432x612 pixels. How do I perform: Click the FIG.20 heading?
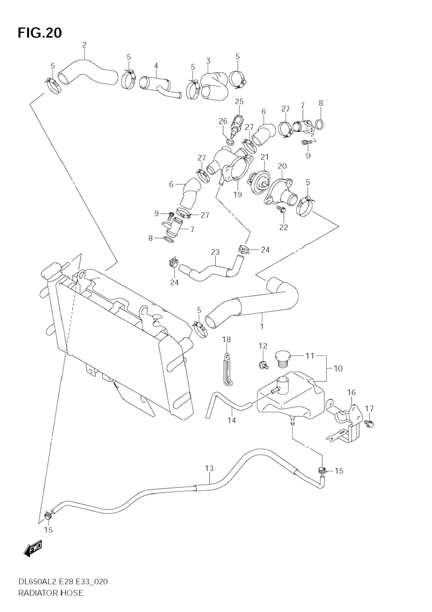(x=40, y=33)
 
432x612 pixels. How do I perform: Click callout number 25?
(x=239, y=101)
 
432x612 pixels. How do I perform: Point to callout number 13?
(x=210, y=468)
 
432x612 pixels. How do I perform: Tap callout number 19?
(x=238, y=195)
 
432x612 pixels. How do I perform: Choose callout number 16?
(x=352, y=392)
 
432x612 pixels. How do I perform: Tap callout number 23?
(x=215, y=252)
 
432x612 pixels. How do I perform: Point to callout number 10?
(x=338, y=369)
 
